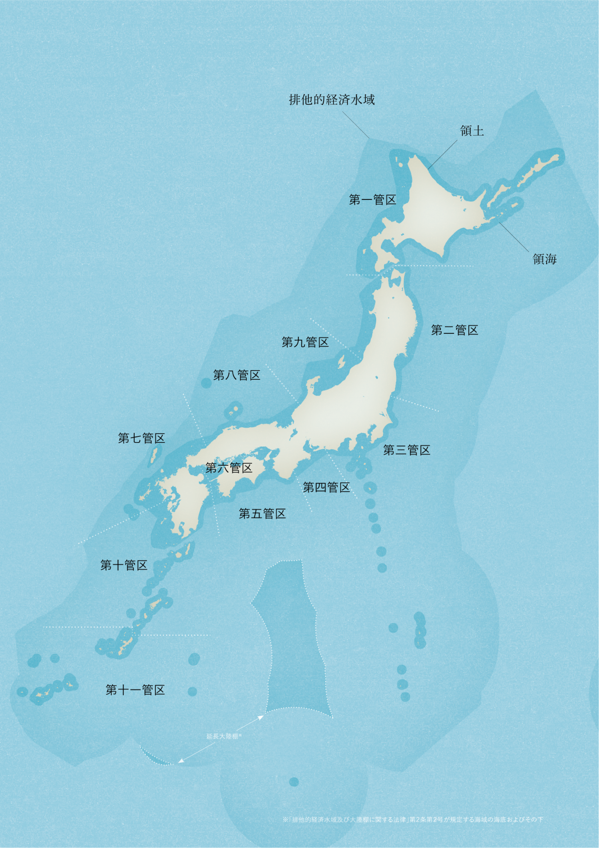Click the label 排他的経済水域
(x=332, y=100)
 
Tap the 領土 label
(x=471, y=131)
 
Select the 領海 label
(x=544, y=259)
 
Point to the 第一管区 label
(x=372, y=200)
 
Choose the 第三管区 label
(x=406, y=450)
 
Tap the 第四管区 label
(x=326, y=487)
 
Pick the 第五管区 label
(x=262, y=513)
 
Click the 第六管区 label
(x=229, y=468)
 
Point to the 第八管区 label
(x=236, y=375)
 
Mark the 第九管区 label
(x=305, y=342)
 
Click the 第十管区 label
(x=124, y=565)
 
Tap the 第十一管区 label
(x=135, y=690)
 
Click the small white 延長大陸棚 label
(x=224, y=736)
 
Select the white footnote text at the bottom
(x=413, y=820)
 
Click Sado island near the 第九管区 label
(x=341, y=361)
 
